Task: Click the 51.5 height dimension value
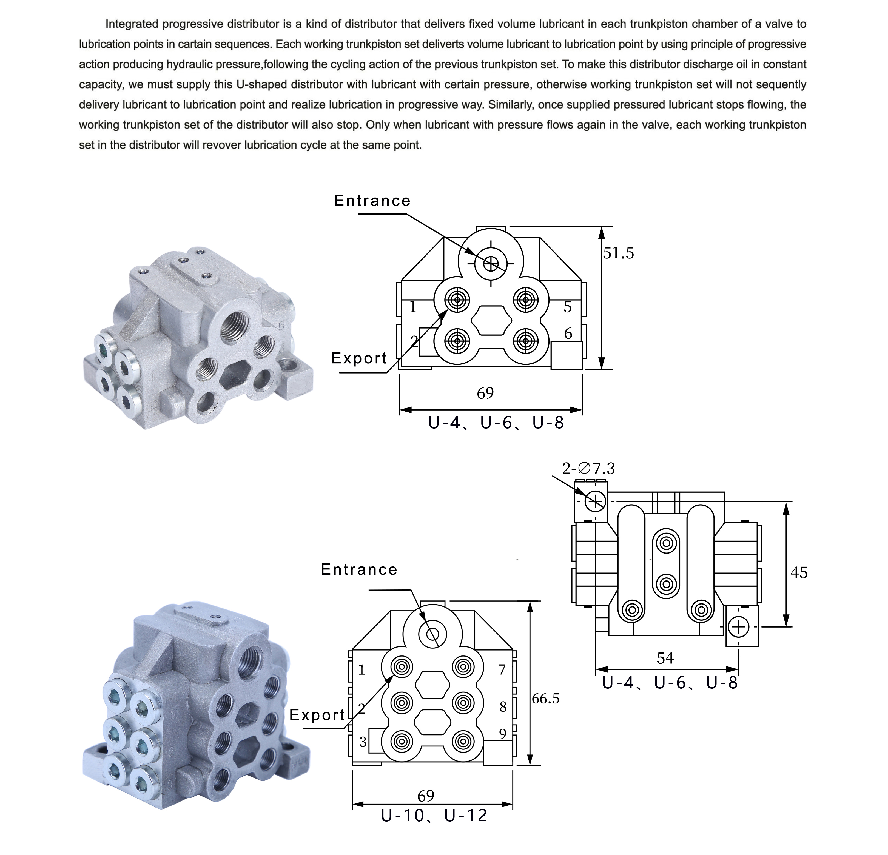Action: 618,253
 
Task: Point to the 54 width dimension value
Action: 665,658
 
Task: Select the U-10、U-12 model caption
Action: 434,816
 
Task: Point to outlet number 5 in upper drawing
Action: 568,307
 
